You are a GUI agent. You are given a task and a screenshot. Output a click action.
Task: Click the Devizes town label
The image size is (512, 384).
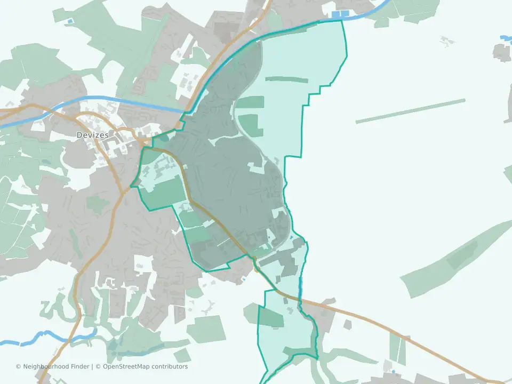coord(92,135)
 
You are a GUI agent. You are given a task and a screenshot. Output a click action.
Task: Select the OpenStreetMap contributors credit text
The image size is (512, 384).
coord(145,367)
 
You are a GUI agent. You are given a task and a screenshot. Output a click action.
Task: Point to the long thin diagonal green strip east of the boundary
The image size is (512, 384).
coord(410,111)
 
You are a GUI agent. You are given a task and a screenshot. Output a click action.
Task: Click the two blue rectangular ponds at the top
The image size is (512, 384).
coord(340,14)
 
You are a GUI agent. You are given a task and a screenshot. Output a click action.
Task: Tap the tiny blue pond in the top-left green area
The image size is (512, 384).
coord(69,21)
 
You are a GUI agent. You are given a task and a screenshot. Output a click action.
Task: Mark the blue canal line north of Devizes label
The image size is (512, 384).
coord(107,100)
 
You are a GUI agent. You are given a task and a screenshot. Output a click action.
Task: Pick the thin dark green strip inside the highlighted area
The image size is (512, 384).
coord(286,80)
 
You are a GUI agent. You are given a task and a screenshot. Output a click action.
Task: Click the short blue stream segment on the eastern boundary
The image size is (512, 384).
coord(300,288)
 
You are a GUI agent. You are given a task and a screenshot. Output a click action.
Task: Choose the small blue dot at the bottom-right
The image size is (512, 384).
coord(393,372)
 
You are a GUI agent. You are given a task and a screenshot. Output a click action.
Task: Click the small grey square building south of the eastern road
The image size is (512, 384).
coord(347,324)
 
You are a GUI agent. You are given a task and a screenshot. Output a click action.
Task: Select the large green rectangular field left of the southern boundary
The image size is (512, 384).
coord(206,329)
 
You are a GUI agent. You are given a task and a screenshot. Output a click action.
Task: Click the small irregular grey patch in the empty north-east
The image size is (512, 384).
coord(447,41)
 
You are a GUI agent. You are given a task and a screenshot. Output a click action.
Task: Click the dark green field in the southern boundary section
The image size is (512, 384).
coord(271,318)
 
